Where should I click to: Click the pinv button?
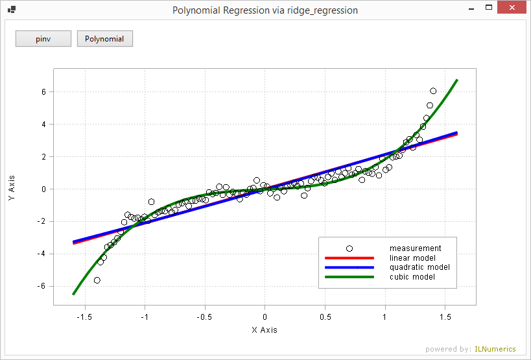click(x=43, y=39)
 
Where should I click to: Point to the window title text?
click(x=265, y=10)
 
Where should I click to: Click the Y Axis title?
click(x=12, y=188)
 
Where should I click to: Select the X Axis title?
click(x=265, y=330)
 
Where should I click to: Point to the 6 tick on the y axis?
click(x=43, y=92)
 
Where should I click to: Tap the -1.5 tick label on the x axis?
click(x=84, y=317)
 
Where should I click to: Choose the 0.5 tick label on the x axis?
click(x=325, y=317)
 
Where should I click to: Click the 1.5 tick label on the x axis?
click(x=445, y=317)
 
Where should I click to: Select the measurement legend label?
click(x=415, y=248)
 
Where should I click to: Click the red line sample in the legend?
click(x=349, y=258)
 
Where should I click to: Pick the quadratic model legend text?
click(x=419, y=267)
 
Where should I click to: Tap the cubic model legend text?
click(x=412, y=277)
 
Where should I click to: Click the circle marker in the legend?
click(x=349, y=248)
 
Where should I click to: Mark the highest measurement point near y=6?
click(x=433, y=91)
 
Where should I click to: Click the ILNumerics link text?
click(x=496, y=350)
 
